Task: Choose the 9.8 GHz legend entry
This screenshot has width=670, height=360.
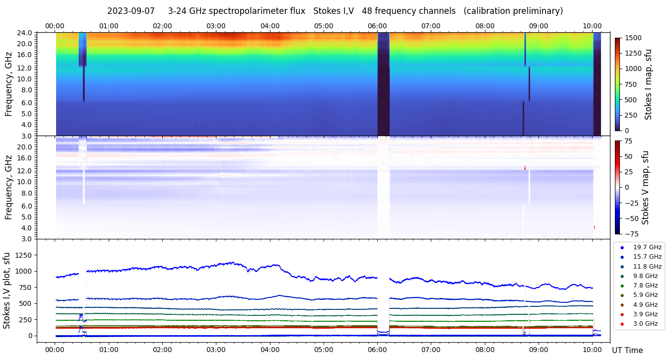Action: pyautogui.click(x=645, y=276)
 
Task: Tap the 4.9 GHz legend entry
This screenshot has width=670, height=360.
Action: pyautogui.click(x=645, y=305)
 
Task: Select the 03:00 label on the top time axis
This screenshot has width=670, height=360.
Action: pyautogui.click(x=216, y=26)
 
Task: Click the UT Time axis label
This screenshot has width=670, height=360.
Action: pyautogui.click(x=627, y=350)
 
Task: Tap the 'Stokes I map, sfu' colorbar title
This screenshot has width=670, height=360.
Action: pyautogui.click(x=648, y=84)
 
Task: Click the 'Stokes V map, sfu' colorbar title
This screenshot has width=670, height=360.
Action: pyautogui.click(x=646, y=187)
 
